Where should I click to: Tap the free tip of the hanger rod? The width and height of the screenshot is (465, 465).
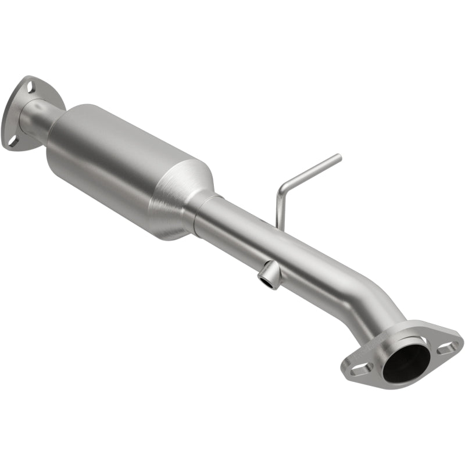(339, 156)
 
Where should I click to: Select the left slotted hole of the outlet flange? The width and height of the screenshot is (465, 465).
(356, 369)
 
